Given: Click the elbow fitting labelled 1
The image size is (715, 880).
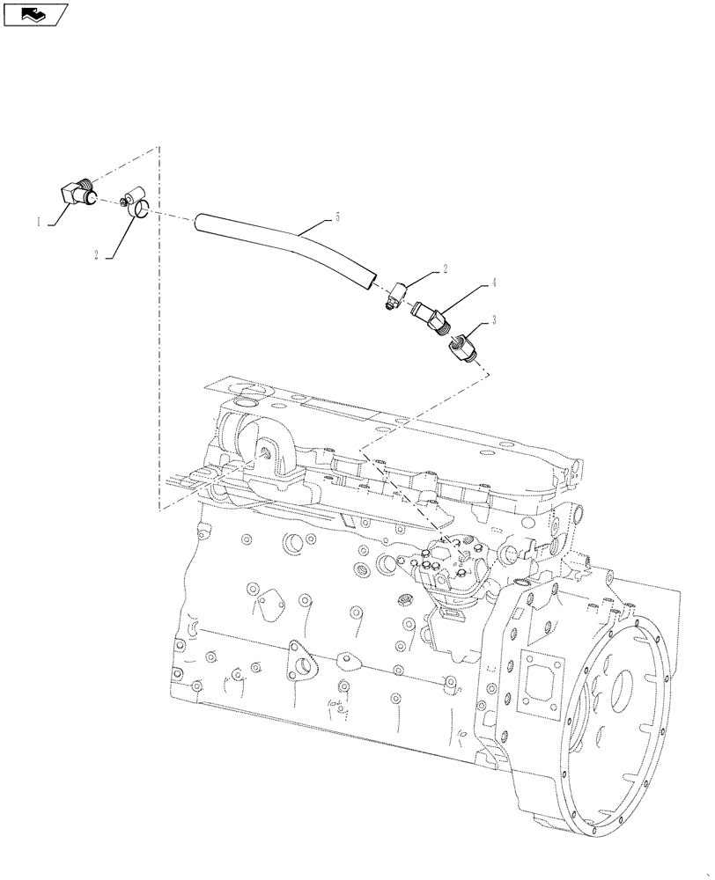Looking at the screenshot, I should (x=79, y=194).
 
